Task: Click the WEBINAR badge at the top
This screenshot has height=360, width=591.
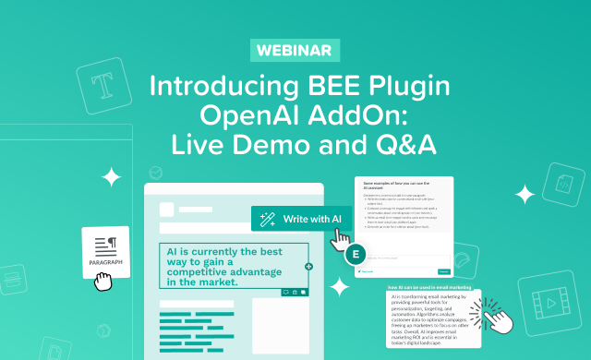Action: coord(295,50)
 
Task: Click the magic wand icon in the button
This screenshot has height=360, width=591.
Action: coord(268,219)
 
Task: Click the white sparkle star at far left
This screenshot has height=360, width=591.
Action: coord(114,177)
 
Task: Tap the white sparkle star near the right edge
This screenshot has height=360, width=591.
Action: coord(525,195)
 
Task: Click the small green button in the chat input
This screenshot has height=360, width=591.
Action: coord(444,271)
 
